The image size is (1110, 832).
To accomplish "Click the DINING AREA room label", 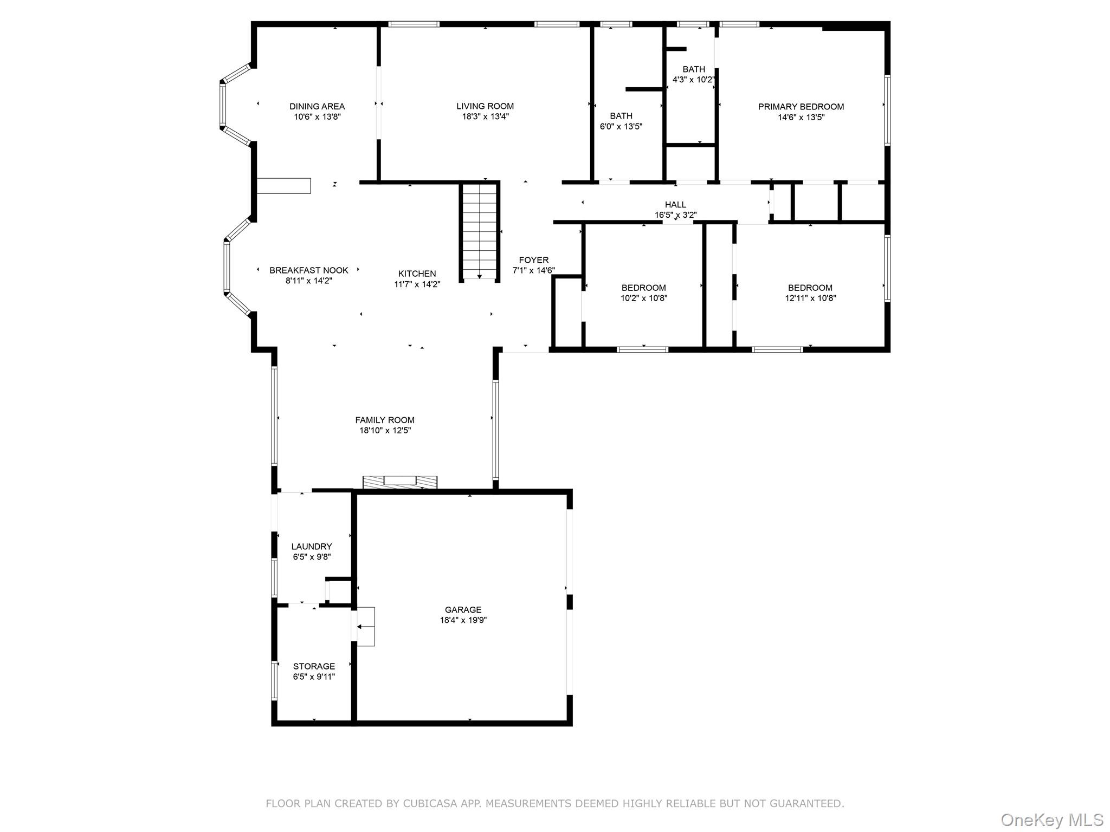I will pos(317,106).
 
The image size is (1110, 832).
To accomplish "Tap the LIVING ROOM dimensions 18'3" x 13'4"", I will pos(485,116).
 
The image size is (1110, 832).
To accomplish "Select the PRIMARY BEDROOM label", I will pos(801,107).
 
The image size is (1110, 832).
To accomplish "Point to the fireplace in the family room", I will pos(400,482).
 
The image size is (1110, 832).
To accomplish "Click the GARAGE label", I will pos(463,609).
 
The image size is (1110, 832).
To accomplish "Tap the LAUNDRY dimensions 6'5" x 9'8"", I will pos(311,557).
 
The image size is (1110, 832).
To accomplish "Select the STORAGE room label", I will pos(314,666).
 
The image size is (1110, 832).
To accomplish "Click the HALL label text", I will pos(675,204).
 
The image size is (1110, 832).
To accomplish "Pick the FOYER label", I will pos(533,260).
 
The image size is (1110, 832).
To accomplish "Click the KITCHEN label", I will pos(417,274).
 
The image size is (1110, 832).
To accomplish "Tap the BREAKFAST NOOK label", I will pos(309,270).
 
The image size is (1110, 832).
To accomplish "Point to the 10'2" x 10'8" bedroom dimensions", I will pos(643,298).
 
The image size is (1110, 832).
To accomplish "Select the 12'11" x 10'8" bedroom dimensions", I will pos(810,298).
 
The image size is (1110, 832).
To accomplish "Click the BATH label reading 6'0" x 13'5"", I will pos(621,116).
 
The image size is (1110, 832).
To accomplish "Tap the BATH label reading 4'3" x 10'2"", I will pos(693,69).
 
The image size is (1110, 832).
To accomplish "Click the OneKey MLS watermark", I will pos(1051,820).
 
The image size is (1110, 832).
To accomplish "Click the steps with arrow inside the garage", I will pos(364,627).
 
